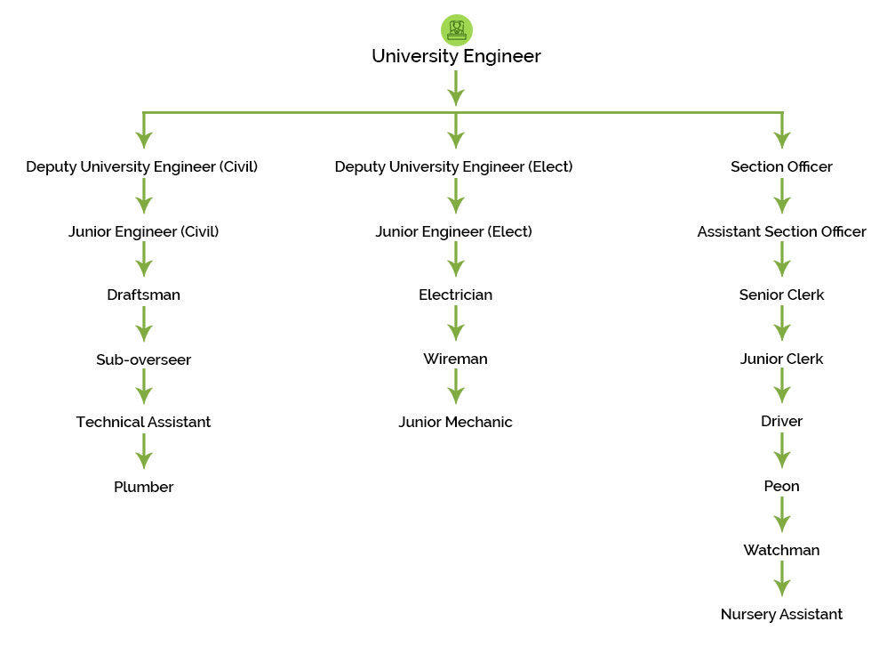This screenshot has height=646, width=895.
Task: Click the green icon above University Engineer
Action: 456,29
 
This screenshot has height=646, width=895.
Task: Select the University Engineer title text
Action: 456,56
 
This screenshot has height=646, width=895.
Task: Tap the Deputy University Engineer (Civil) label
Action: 142,166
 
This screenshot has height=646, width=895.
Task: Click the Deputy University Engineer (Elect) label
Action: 454,166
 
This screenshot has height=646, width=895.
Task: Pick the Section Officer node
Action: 781,166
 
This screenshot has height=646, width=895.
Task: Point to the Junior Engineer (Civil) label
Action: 143,231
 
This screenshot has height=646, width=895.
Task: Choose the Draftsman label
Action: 143,295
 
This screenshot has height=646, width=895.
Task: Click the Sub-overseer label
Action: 143,359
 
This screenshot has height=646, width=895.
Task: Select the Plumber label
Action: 143,487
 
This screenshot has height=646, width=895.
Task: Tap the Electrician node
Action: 455,295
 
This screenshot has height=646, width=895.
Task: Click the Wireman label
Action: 455,359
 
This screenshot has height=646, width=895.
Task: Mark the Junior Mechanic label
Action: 455,422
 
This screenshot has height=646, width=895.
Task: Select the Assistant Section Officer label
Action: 781,231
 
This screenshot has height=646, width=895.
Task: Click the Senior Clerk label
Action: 781,295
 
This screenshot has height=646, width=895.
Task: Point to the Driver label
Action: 781,421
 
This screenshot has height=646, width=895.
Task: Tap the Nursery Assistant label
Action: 781,614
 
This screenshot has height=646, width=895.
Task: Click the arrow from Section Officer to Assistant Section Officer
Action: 781,198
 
